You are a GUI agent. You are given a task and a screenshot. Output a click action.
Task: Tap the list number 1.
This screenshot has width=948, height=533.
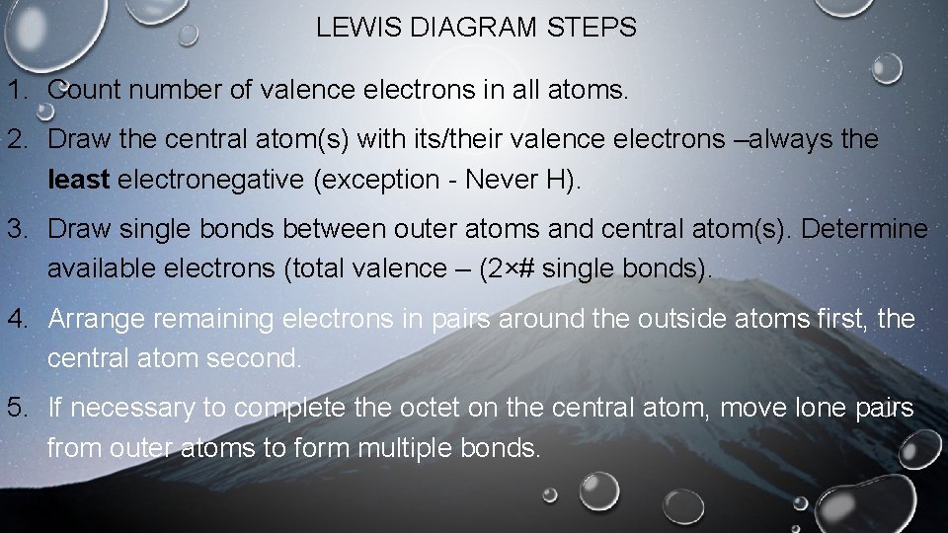point(19,92)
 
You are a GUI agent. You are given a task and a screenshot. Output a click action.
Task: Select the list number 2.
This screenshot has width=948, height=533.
point(19,139)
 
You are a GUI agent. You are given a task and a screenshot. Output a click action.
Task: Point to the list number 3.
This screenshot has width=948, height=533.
point(19,230)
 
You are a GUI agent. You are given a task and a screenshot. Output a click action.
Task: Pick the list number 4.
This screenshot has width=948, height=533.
point(19,319)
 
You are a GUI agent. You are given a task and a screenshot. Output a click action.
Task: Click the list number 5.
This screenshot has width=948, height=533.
point(19,409)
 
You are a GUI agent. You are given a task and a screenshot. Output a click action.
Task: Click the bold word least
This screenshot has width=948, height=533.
point(79,180)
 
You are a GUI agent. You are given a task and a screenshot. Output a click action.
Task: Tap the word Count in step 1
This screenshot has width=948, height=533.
point(82,92)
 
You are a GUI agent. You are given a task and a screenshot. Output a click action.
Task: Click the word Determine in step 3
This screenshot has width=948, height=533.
point(864,230)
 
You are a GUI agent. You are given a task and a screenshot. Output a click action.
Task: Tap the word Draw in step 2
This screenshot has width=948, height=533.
point(78,139)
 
